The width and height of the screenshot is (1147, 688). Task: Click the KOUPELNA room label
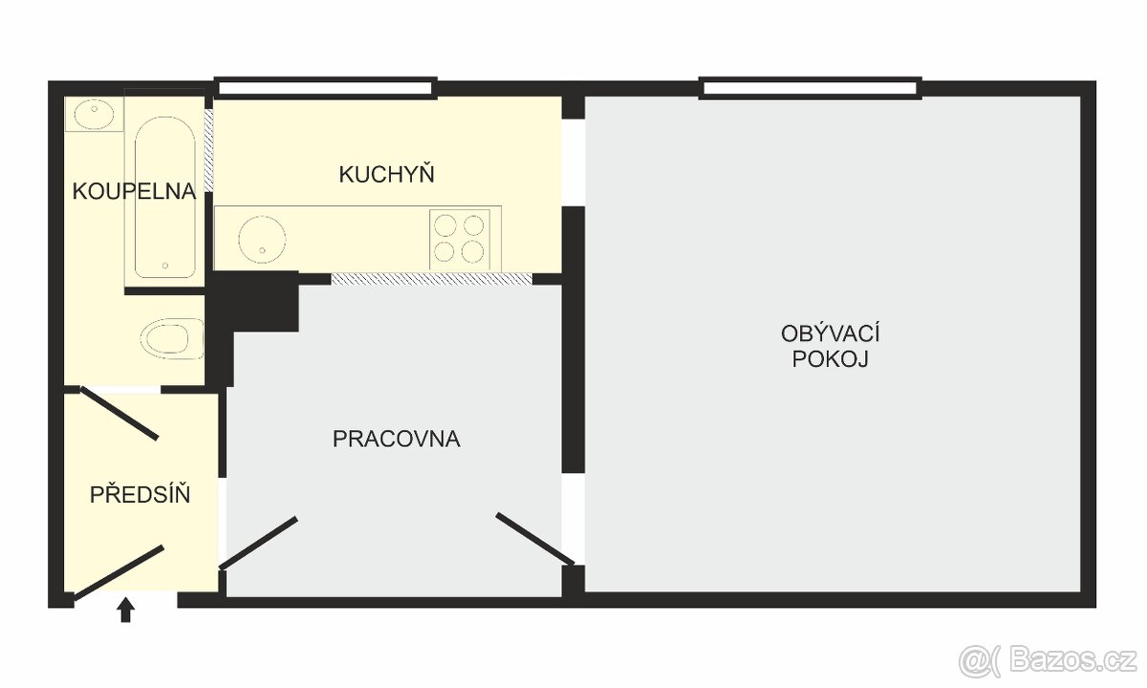(x=134, y=191)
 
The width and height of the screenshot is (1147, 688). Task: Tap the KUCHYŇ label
(x=386, y=175)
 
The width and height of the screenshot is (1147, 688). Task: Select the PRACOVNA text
(x=396, y=440)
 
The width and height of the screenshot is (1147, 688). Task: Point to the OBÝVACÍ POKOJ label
(x=830, y=347)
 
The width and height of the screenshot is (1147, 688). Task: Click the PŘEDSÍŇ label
(x=140, y=495)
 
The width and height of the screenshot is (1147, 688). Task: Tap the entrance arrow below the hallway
(x=125, y=610)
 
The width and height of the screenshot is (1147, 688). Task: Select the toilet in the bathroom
(x=173, y=338)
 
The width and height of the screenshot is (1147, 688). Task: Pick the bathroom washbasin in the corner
(x=93, y=115)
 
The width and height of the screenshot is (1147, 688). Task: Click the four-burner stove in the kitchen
(x=460, y=238)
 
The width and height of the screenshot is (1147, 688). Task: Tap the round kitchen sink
(x=261, y=239)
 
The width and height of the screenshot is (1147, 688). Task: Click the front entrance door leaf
(x=118, y=572)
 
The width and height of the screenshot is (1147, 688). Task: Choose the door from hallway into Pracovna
(x=259, y=542)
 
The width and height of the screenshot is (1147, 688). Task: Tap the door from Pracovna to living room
(x=534, y=539)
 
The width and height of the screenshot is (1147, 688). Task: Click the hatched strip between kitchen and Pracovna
(x=430, y=279)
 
